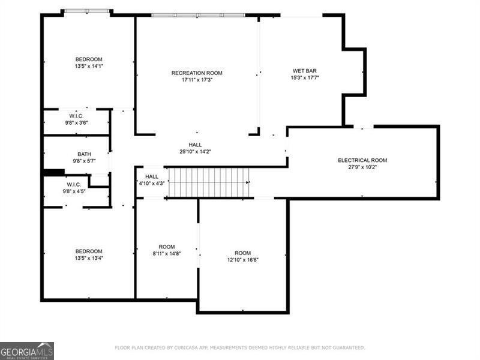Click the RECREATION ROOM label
tap(197, 73)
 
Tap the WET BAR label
tap(304, 70)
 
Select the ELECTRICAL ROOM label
tap(362, 160)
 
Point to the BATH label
tap(84, 154)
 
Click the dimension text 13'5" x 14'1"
tap(89, 66)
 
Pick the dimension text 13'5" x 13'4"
tap(88, 259)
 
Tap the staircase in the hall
tap(208, 182)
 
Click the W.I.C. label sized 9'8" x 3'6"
tap(76, 116)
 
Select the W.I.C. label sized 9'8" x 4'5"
tap(74, 184)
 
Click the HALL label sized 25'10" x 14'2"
tap(195, 145)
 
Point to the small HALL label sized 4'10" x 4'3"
tap(152, 176)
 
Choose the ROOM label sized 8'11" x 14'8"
tap(166, 247)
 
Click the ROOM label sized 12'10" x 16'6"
tap(243, 253)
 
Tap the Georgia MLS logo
tap(27, 350)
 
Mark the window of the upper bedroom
tap(88, 11)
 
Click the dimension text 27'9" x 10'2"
tap(362, 167)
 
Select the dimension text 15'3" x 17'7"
tap(305, 77)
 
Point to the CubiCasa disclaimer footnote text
tap(239, 347)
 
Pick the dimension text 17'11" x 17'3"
tap(197, 80)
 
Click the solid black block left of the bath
tap(53, 173)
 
